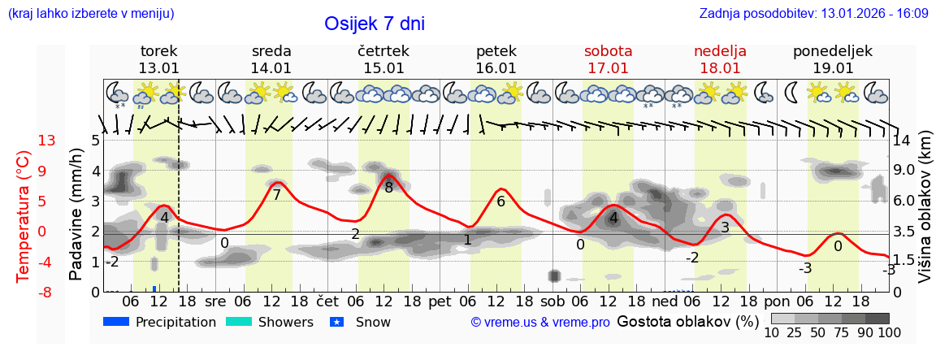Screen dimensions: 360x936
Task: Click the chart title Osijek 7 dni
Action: click(375, 24)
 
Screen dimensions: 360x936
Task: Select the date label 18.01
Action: click(720, 68)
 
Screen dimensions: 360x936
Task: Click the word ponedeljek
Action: click(833, 51)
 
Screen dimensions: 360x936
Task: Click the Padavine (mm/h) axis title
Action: click(76, 215)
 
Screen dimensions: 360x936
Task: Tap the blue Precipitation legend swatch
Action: click(117, 322)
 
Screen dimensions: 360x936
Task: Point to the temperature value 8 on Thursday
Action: click(389, 188)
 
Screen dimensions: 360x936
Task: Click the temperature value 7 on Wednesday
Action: click(276, 195)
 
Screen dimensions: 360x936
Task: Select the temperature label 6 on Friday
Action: click(500, 202)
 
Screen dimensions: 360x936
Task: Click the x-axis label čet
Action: click(328, 301)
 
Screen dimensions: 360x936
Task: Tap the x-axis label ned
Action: click(665, 301)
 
